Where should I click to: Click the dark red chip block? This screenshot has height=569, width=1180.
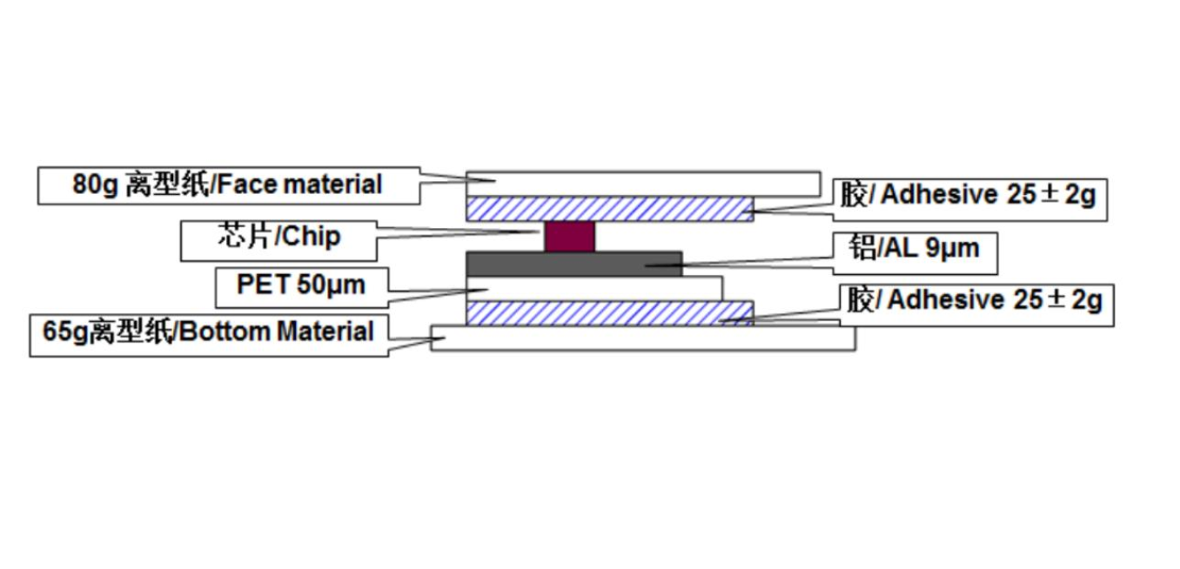pyautogui.click(x=569, y=236)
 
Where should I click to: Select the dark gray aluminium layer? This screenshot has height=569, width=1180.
pyautogui.click(x=573, y=264)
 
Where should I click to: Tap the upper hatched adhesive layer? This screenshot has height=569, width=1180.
pyautogui.click(x=609, y=209)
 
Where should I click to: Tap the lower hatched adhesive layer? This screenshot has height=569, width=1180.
pyautogui.click(x=609, y=312)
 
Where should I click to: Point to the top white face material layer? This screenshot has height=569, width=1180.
pyautogui.click(x=643, y=184)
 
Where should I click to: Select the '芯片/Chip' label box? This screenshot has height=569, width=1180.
pyautogui.click(x=278, y=237)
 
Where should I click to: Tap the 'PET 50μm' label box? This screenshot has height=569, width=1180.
pyautogui.click(x=301, y=285)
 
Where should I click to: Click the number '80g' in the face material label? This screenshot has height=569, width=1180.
pyautogui.click(x=95, y=185)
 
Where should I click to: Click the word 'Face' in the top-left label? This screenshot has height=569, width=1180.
pyautogui.click(x=245, y=185)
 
